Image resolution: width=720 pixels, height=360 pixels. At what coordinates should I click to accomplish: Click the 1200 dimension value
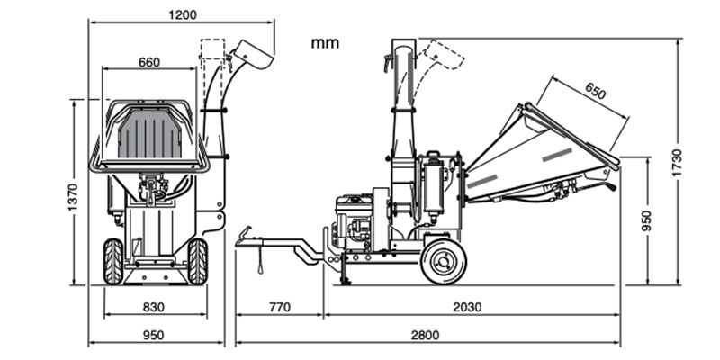tap(183, 14)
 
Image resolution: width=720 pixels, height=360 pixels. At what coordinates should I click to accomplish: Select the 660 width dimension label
tap(149, 62)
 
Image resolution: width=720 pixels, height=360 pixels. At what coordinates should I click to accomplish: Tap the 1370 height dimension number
tap(74, 197)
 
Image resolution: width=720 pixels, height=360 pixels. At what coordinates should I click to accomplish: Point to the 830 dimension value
tap(153, 307)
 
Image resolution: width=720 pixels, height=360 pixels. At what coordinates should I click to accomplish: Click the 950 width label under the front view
tap(153, 335)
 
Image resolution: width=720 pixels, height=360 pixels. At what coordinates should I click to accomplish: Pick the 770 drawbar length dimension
tap(280, 307)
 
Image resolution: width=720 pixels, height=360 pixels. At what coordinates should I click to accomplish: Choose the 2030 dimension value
tap(467, 307)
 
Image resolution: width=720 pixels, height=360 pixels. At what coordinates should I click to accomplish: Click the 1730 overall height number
tap(677, 163)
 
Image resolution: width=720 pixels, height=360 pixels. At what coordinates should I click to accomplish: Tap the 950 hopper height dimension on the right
tap(646, 220)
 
